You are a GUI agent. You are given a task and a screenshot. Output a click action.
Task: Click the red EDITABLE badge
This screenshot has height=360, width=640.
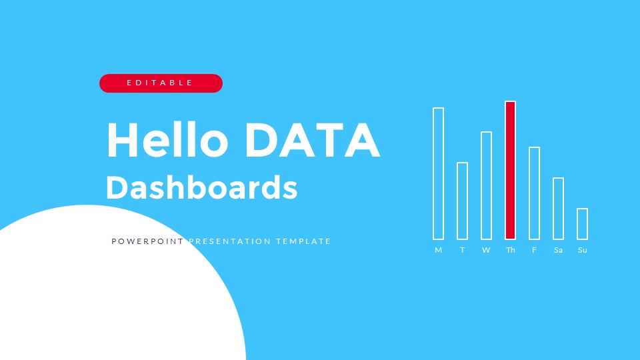coord(161,83)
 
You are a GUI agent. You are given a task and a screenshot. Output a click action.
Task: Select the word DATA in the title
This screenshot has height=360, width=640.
coord(312,140)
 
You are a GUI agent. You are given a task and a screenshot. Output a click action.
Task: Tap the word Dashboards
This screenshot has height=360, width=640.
coord(201,188)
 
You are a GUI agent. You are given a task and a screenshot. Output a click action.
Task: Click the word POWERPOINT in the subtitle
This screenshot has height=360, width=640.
coord(147,241)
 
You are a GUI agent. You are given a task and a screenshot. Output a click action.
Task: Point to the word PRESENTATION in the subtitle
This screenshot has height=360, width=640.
coord(230,241)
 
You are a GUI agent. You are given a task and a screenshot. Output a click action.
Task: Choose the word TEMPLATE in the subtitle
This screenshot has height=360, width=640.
coord(303,241)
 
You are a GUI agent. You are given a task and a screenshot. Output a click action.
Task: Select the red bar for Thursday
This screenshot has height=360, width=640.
coord(510,170)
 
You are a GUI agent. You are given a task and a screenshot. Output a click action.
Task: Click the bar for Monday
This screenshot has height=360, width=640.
coord(438,173)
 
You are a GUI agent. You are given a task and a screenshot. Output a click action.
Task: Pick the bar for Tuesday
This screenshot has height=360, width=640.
coord(462,201)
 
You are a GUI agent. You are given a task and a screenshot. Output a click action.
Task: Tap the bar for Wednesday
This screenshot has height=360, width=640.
coord(486,185)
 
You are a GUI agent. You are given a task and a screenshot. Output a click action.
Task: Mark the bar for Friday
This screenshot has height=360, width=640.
coord(534,193)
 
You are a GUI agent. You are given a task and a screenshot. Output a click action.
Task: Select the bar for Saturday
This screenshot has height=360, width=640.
coord(558,209)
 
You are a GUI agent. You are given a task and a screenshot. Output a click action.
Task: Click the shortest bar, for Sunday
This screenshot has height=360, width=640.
coord(582,224)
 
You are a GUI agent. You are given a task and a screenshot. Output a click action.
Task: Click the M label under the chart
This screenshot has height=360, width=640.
coord(438,250)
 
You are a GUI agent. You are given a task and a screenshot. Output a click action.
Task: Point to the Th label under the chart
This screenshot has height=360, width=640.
coord(510,250)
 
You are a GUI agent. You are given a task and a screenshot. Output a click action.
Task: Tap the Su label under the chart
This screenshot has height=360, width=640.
coord(582,250)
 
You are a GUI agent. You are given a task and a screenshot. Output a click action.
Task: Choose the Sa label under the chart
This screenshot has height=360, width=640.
coord(558,250)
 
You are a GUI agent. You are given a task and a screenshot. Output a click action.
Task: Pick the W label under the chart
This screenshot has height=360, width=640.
coord(486,250)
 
